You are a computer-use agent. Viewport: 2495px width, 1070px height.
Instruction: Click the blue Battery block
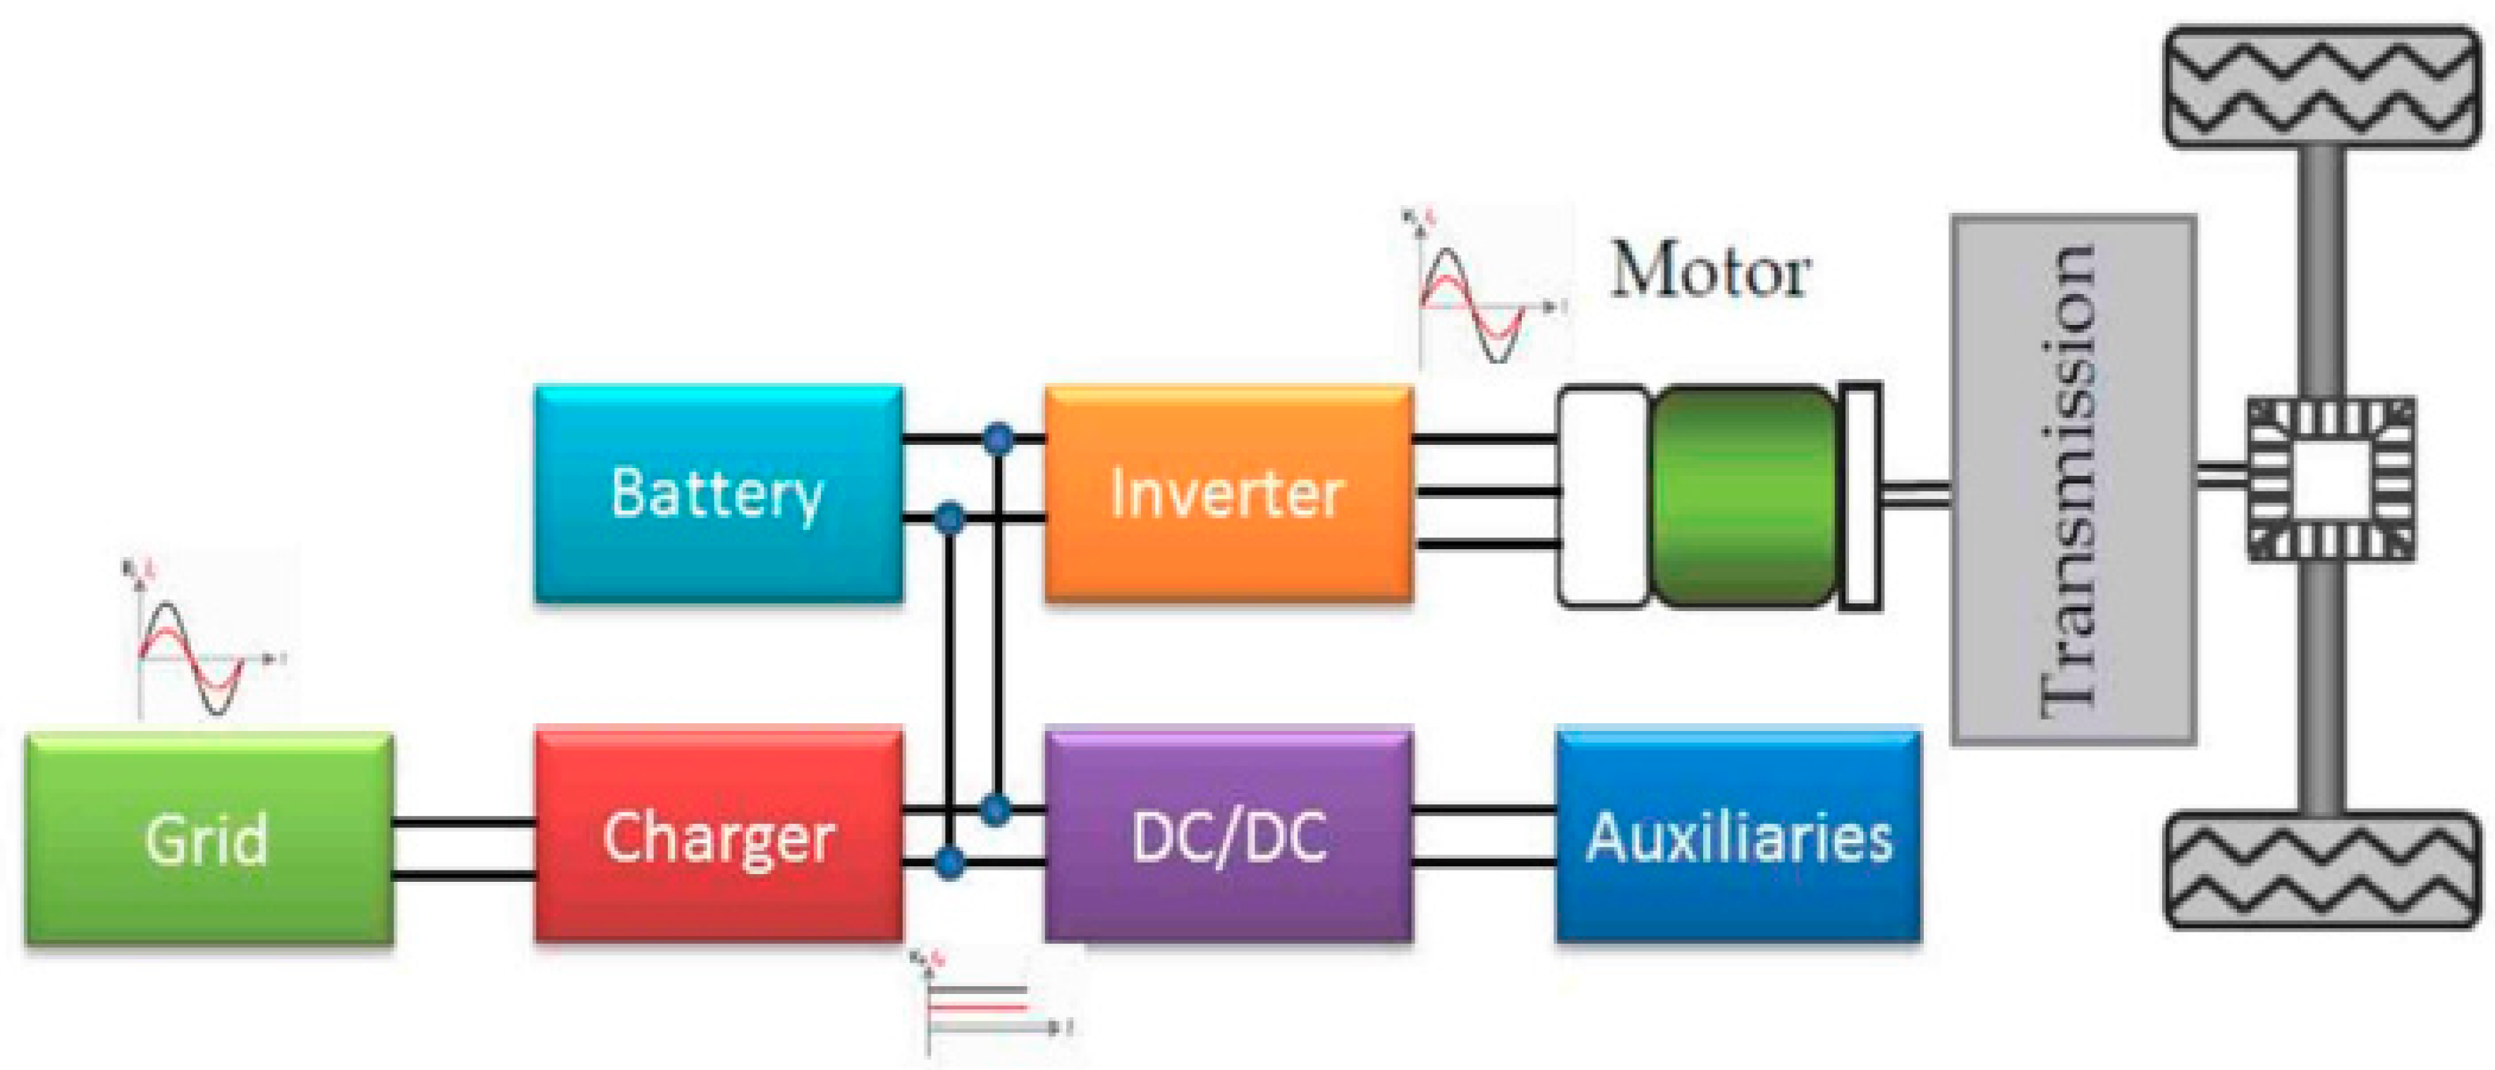coord(719,494)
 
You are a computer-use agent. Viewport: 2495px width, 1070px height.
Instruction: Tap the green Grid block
coord(208,839)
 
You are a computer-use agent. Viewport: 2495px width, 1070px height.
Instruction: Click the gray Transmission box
coord(2073,479)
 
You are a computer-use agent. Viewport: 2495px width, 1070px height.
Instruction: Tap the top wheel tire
coord(2323,87)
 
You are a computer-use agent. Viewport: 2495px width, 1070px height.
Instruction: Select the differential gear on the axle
coord(2329,479)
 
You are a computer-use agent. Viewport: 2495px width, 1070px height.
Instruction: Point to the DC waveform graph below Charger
coord(988,1007)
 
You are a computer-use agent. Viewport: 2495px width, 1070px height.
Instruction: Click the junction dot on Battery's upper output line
coord(998,438)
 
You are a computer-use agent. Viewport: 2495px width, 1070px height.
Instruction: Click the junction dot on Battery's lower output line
coord(949,519)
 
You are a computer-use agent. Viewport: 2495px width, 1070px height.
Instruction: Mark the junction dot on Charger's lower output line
coord(949,860)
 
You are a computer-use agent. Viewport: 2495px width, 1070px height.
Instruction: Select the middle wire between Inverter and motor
coord(1486,493)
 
